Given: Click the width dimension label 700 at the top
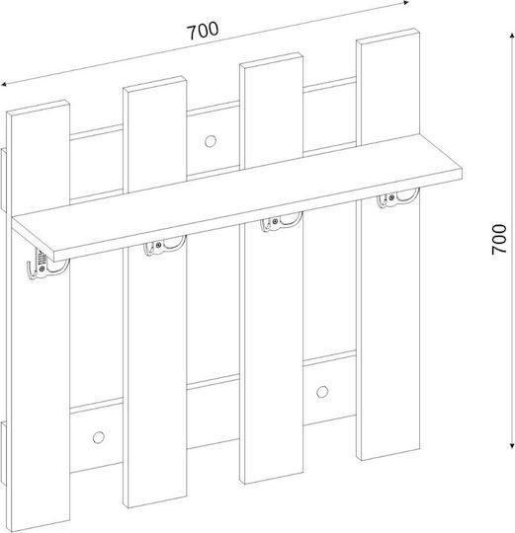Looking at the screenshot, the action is point(203,31).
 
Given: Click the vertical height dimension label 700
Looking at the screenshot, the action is point(499,240).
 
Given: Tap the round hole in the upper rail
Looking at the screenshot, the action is point(211,141).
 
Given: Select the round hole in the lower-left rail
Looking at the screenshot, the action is point(99,437).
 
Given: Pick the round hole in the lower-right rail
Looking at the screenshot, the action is point(322,392).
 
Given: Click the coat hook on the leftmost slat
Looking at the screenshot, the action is point(45,266).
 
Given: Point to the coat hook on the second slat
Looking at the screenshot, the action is point(164,245).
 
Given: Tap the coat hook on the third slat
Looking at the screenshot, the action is point(281,222).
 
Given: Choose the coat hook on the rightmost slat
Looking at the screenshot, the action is point(397,197).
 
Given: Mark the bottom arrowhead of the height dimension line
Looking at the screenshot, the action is point(512,444).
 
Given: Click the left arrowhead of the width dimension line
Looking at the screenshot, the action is point(4,84).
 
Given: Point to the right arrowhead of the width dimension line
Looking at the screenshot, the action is point(405,3).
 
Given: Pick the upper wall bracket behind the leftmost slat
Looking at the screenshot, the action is point(3,181).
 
